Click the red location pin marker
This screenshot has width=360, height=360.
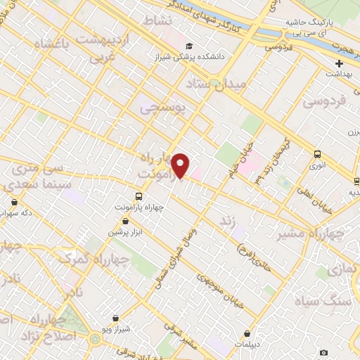(181, 165)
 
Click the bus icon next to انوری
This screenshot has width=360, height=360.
(317, 155)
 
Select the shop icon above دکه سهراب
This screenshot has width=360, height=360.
(14, 202)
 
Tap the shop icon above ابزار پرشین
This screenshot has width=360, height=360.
(125, 221)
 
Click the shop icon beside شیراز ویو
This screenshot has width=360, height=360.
(115, 318)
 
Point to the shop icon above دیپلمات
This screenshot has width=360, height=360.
(247, 334)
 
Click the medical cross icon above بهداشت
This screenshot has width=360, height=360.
(339, 63)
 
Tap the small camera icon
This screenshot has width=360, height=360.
(323, 352)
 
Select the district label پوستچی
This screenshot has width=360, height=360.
(163, 108)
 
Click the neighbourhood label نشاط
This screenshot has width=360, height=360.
(157, 21)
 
